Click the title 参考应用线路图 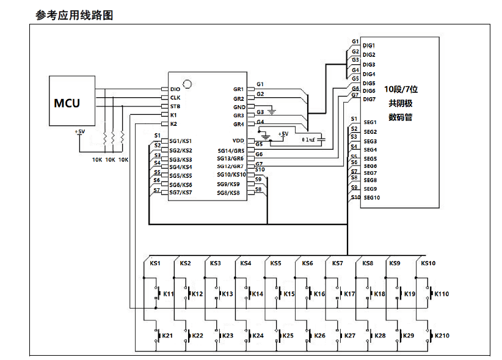(x=74, y=15)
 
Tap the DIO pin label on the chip (x=175, y=89)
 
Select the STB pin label (x=175, y=106)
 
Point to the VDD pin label (x=238, y=141)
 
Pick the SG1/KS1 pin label (x=181, y=141)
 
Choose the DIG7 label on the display (x=369, y=99)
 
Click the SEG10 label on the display (x=372, y=197)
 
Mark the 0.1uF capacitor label (x=310, y=140)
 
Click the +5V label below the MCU (x=80, y=131)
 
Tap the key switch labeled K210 (x=430, y=336)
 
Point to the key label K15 (x=289, y=294)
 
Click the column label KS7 (x=337, y=263)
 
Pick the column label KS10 (x=428, y=263)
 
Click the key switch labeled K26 (x=308, y=336)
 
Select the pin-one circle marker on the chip (x=188, y=83)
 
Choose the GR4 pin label (x=239, y=124)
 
